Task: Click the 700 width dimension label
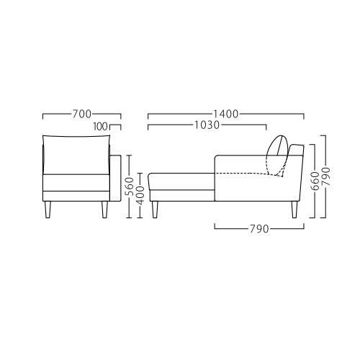pos(82,114)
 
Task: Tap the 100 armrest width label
pos(101,127)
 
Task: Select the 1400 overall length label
pos(226,114)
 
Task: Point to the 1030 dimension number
pos(207,125)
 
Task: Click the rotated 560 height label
pos(130,186)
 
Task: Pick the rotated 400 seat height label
pos(140,195)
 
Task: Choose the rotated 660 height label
pos(315,181)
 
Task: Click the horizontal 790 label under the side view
pos(259,229)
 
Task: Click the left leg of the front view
pos(48,210)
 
